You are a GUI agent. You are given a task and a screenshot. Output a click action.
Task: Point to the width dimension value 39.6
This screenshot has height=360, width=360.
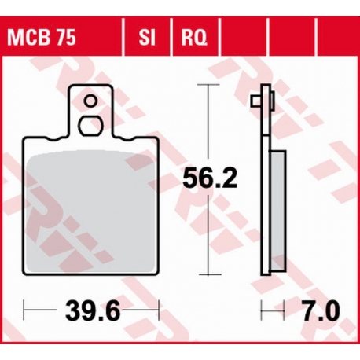[x=91, y=313]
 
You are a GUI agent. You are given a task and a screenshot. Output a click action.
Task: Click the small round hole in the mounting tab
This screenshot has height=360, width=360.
[x=91, y=100]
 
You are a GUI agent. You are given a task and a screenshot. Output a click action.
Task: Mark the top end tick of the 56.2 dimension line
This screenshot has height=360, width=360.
[x=208, y=86]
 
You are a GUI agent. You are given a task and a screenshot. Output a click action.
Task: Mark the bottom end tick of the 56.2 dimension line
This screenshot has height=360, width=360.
[x=208, y=274]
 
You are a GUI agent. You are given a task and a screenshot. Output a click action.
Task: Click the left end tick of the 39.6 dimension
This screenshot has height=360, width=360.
[x=24, y=312]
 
